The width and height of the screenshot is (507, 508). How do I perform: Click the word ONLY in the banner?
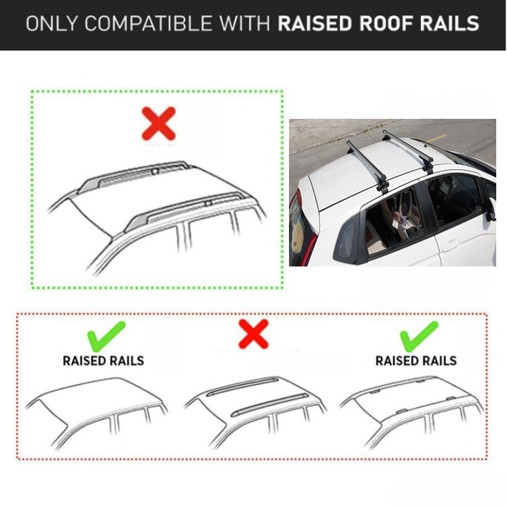coord(52,23)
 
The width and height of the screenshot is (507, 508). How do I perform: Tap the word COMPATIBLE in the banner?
coord(147,23)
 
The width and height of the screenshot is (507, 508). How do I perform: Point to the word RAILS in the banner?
coord(450,23)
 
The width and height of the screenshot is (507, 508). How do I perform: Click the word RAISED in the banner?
coord(315,23)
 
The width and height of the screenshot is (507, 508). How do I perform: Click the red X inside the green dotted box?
coord(159,124)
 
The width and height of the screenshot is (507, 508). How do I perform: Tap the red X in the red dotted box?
coord(253,334)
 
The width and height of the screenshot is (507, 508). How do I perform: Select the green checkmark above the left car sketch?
coord(106,337)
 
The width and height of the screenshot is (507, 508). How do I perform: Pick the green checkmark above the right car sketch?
coord(419,337)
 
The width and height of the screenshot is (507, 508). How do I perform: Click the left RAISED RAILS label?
coord(103,361)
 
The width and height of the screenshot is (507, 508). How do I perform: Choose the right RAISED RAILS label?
coord(416,361)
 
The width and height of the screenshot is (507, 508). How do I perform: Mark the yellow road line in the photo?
coord(436,139)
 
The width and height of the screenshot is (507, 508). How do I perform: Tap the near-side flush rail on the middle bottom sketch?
coord(269,405)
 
